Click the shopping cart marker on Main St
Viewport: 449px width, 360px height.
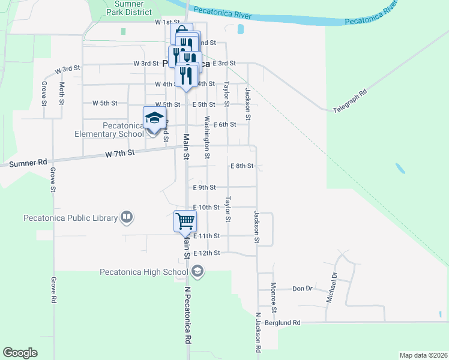[185, 221]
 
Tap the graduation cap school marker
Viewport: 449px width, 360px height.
[154, 117]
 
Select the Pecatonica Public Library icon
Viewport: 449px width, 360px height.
[127, 217]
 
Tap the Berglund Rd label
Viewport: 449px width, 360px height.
[282, 322]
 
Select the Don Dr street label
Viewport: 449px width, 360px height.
[303, 289]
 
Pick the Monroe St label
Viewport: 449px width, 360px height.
[273, 298]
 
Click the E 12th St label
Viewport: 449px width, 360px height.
[207, 253]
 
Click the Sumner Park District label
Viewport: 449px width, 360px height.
[128, 7]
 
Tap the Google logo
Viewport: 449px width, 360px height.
[20, 352]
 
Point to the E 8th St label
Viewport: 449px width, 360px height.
[242, 166]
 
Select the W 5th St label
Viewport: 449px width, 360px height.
[104, 103]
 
